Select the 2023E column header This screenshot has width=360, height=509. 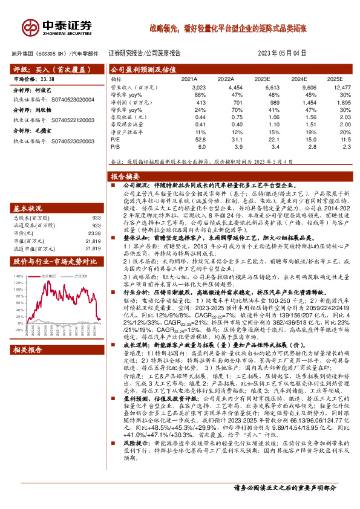[x=262, y=79]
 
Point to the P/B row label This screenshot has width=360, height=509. [x=116, y=146]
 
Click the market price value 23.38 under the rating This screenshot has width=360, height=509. [x=47, y=79]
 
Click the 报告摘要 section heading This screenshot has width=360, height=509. [x=126, y=177]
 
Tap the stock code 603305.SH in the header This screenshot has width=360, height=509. [x=49, y=53]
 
